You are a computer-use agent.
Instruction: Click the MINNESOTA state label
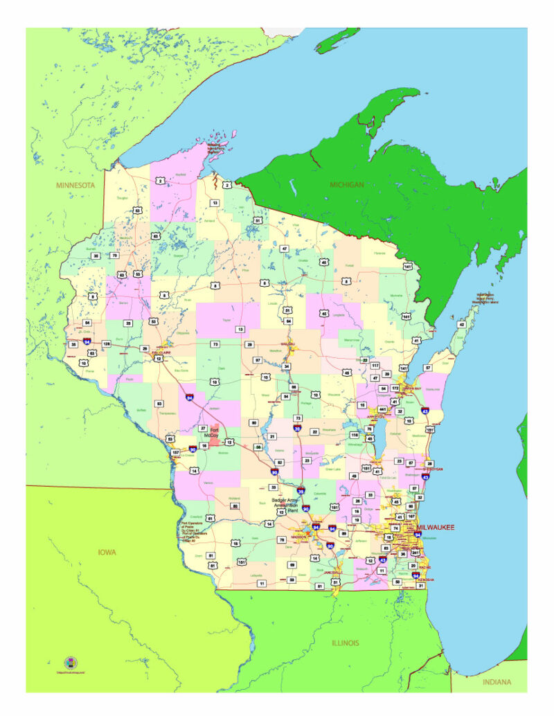coord(75,186)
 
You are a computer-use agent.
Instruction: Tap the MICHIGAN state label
coord(347,185)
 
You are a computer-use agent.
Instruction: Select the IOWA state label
coord(106,552)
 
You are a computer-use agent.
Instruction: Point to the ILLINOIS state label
coord(346,643)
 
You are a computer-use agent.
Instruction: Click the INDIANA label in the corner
coord(497,682)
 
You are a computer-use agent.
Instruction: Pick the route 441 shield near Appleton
coord(382,409)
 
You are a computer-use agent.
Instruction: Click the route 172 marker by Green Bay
coord(395,389)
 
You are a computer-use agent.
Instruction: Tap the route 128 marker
coord(107,343)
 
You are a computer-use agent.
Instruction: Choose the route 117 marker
coord(375,365)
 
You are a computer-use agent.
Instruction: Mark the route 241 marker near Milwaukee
coord(415,553)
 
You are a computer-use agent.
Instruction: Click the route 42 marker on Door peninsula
coord(461,324)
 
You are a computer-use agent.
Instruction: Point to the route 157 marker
coord(175,452)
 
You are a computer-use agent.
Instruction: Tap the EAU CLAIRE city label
coord(161,352)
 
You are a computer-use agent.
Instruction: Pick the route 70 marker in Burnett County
coord(115,256)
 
